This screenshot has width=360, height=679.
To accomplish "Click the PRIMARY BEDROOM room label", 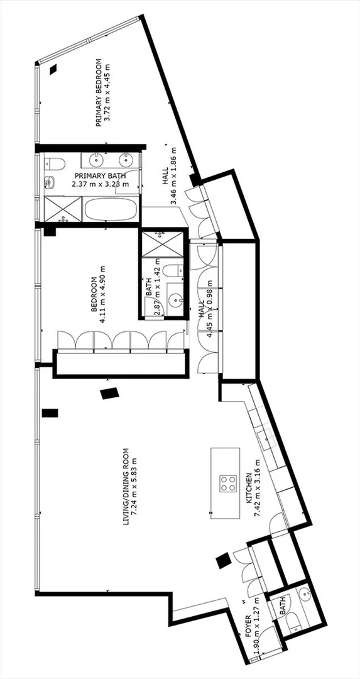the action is pos(98,92).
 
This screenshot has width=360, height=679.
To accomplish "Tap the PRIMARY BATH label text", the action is pos(101,176).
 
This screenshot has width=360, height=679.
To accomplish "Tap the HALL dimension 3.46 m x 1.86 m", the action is pos(173,175).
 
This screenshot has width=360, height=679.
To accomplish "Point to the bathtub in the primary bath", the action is pos(112,209).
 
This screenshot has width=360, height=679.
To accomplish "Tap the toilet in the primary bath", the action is pos(55,163).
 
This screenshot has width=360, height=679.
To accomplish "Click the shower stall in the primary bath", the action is pos(63,209).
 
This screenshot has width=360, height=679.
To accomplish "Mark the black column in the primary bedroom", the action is pos(53,69).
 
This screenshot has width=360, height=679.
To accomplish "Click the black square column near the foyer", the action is pos(224,561).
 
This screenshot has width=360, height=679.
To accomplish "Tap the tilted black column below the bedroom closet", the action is pos(109,393).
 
